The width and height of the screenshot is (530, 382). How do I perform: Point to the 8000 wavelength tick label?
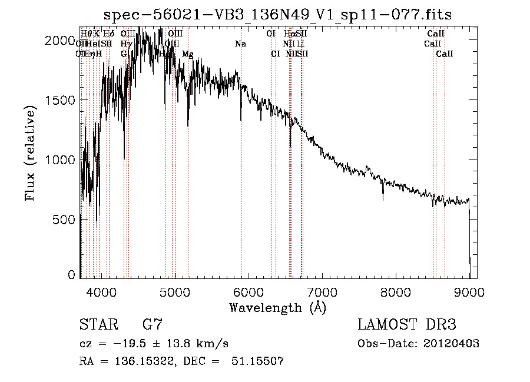tap(395, 291)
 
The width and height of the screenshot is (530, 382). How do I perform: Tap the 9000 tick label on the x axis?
tap(469, 291)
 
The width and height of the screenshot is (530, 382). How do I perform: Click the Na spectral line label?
tap(240, 44)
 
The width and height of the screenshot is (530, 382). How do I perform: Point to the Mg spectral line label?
tap(187, 54)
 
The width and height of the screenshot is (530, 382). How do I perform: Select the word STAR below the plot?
tap(98, 325)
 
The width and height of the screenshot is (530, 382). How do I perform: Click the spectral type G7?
tap(153, 325)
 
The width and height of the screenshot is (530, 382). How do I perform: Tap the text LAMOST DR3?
tap(407, 325)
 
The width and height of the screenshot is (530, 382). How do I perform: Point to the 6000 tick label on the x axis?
tap(248, 291)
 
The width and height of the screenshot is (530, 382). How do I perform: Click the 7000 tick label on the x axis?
tap(322, 291)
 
